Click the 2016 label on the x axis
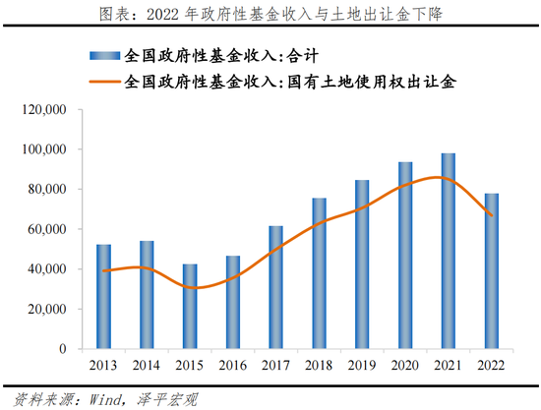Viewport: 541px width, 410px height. (x=233, y=367)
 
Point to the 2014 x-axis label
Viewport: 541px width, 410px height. (x=147, y=367)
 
